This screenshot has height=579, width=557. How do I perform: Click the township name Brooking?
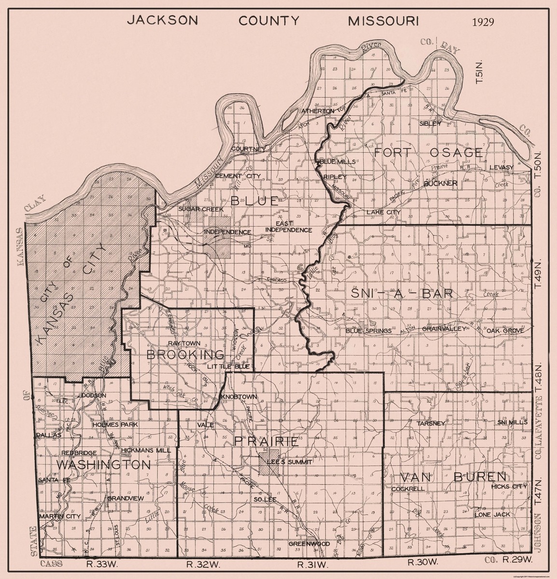point(185,356)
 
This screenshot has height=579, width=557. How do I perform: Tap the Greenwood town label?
point(309,543)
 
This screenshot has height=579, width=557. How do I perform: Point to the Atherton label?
point(318,111)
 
